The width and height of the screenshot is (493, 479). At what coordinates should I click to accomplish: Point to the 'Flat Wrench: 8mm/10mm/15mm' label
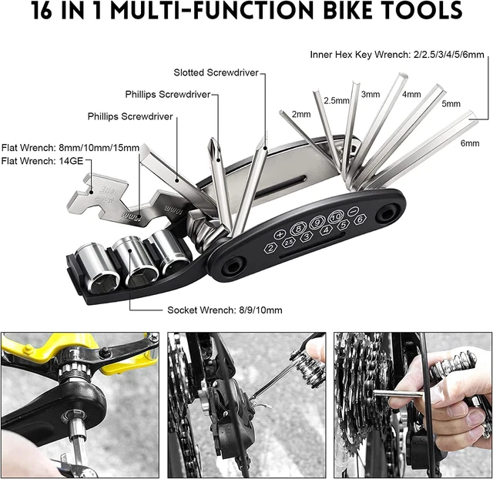(x=70, y=147)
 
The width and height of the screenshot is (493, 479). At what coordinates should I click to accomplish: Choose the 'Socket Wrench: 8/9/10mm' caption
(x=225, y=310)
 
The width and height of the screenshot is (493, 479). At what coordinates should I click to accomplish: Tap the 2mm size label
(x=301, y=114)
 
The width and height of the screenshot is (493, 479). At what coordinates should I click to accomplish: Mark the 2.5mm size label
(x=337, y=101)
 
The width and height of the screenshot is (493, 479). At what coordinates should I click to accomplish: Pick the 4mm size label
(x=411, y=95)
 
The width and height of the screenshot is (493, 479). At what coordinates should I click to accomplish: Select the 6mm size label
(x=469, y=144)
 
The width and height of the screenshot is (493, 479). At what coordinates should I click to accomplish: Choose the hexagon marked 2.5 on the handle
(x=289, y=243)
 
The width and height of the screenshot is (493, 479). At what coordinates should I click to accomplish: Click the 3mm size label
(x=371, y=95)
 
